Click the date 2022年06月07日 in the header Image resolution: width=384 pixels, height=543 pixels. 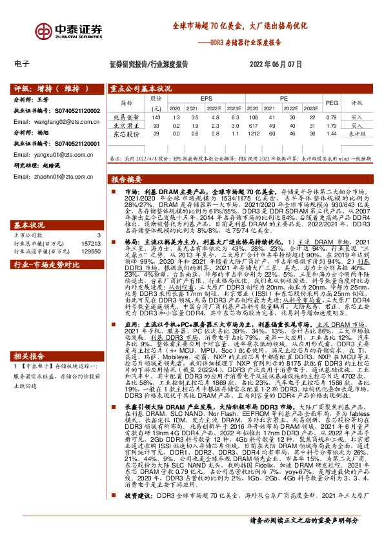point(275,64)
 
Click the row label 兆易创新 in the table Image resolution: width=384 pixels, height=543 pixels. point(126,117)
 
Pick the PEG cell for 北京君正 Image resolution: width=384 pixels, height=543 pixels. point(332,126)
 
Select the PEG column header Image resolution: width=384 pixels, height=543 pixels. point(332,103)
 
